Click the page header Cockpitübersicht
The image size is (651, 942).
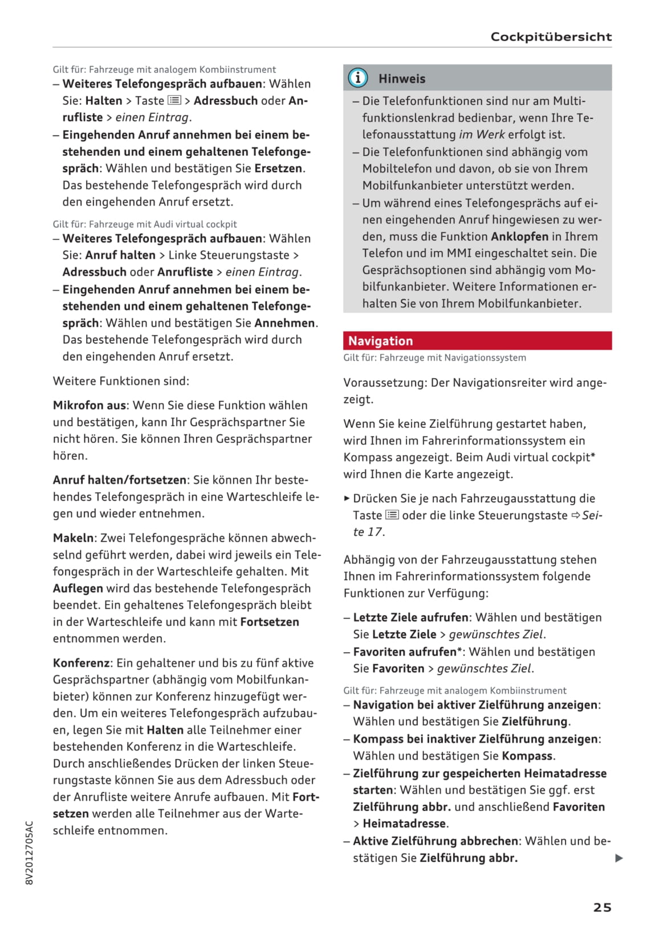coord(551,37)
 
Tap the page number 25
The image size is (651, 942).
coord(602,907)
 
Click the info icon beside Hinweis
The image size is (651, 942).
coord(357,78)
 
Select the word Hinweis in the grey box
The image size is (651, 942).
coord(402,79)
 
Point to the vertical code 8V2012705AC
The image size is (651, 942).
coord(30,852)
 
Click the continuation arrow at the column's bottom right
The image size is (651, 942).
coord(619,858)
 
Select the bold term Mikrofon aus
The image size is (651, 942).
coord(89,406)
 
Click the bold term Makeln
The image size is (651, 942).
coord(73,538)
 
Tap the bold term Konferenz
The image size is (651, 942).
coord(81,663)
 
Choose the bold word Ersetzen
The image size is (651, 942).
coord(278,169)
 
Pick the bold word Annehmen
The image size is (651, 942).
coord(284,323)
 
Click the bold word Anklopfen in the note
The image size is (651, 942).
coord(519,236)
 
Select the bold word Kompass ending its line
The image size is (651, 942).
coord(527,756)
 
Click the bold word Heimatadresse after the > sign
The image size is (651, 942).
coord(404,824)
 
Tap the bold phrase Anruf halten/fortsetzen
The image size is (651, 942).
coord(120,480)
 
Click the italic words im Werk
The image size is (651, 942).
coord(482,135)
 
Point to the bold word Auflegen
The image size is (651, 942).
coord(78,588)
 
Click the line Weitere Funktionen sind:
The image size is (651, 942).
coord(121,381)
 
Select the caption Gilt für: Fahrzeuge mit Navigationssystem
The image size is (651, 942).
coord(434,358)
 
